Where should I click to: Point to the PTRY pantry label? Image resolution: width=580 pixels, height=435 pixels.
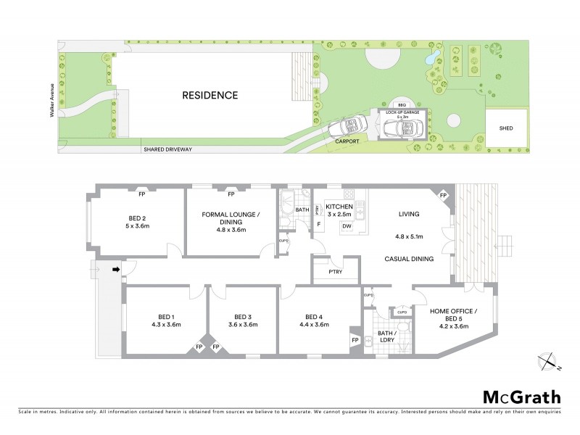[334, 272]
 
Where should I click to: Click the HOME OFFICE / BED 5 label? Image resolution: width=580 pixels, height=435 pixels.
[454, 315]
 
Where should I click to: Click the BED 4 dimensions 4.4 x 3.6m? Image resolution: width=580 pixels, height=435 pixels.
[313, 325]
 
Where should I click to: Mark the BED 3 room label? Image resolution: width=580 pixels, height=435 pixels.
[242, 317]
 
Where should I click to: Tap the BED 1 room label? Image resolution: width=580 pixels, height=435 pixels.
[165, 317]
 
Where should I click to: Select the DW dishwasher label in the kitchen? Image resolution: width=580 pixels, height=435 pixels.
[347, 227]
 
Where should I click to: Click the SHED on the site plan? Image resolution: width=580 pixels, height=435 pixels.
[506, 128]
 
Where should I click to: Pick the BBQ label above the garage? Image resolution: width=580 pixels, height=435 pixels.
[400, 105]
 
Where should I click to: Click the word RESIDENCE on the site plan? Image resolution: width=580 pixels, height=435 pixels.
[210, 95]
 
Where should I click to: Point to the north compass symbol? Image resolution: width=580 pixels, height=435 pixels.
[549, 360]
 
